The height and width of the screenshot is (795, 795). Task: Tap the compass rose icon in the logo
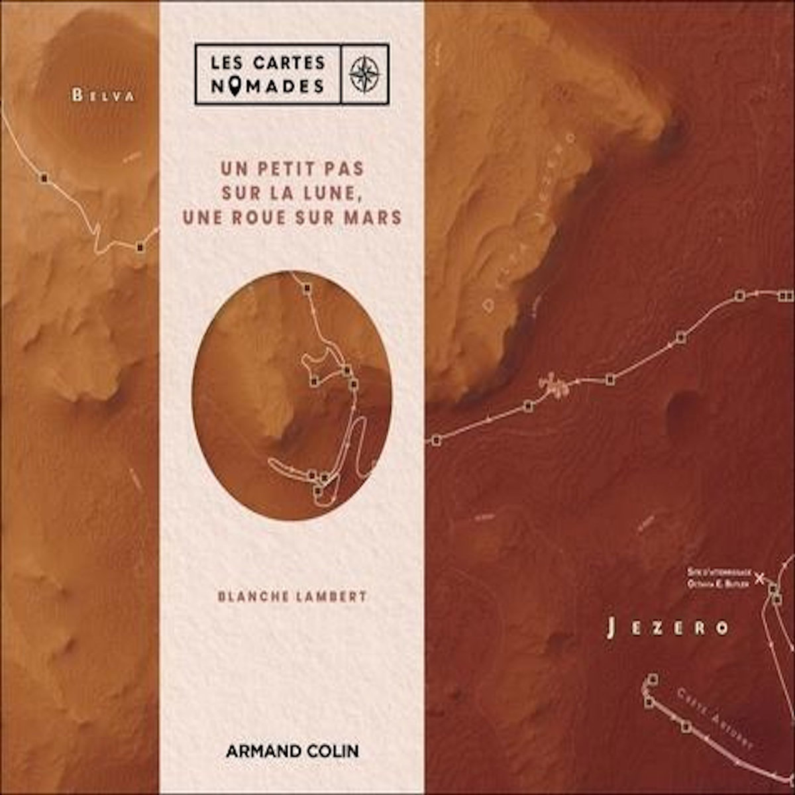363,74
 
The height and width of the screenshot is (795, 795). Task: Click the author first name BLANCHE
253,596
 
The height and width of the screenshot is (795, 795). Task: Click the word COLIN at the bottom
332,751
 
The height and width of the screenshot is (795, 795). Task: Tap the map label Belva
103,95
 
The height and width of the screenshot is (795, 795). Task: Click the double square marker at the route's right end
786,295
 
